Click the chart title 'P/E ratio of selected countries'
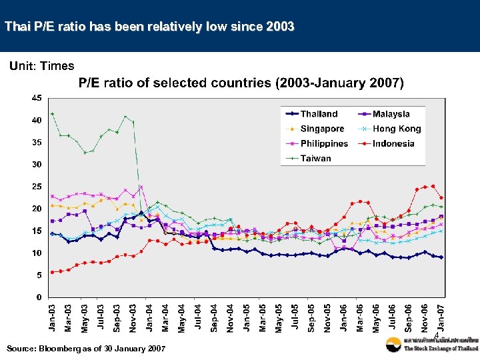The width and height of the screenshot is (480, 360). click(x=241, y=83)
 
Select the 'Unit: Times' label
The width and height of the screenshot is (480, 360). click(x=41, y=65)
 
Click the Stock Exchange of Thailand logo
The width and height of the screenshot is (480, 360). click(x=431, y=345)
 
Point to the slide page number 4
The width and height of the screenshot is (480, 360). click(x=436, y=335)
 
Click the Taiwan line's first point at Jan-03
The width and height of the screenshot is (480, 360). click(x=52, y=113)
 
